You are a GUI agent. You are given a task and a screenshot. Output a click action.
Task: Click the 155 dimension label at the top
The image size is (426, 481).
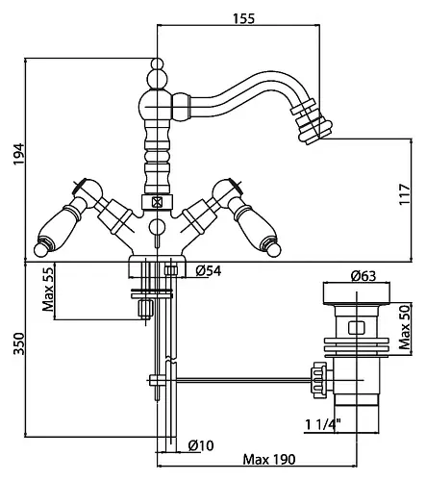243,18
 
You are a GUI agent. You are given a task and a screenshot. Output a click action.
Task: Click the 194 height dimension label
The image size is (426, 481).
18,154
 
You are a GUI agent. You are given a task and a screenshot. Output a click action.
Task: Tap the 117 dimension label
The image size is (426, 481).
405,194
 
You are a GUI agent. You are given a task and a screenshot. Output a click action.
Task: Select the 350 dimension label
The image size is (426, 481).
18,343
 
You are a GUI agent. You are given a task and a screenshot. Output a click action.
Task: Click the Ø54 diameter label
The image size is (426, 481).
209,271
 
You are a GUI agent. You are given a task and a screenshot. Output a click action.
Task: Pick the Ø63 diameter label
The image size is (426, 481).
363,275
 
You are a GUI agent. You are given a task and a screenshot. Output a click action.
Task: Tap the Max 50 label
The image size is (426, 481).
405,327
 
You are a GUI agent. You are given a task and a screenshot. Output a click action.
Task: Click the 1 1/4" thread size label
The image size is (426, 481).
322,425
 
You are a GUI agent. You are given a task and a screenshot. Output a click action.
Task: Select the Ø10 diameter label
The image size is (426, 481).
201,445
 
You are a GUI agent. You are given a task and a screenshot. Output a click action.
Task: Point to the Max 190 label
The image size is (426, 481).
269,460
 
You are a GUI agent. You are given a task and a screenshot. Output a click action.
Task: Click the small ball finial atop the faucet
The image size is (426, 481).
157,63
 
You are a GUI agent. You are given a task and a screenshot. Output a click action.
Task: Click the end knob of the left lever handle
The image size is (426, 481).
40,249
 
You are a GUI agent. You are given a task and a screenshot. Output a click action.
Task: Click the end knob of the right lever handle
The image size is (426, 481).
274,249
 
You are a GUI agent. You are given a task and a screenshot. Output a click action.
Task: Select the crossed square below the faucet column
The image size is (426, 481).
157,202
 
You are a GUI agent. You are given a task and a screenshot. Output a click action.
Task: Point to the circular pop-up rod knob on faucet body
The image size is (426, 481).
157,226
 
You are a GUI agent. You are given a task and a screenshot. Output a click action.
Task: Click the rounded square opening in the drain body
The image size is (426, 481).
356,328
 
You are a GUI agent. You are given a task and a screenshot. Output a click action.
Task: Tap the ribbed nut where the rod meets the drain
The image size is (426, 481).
318,380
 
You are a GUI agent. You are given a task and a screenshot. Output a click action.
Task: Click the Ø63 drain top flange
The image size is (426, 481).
356,293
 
